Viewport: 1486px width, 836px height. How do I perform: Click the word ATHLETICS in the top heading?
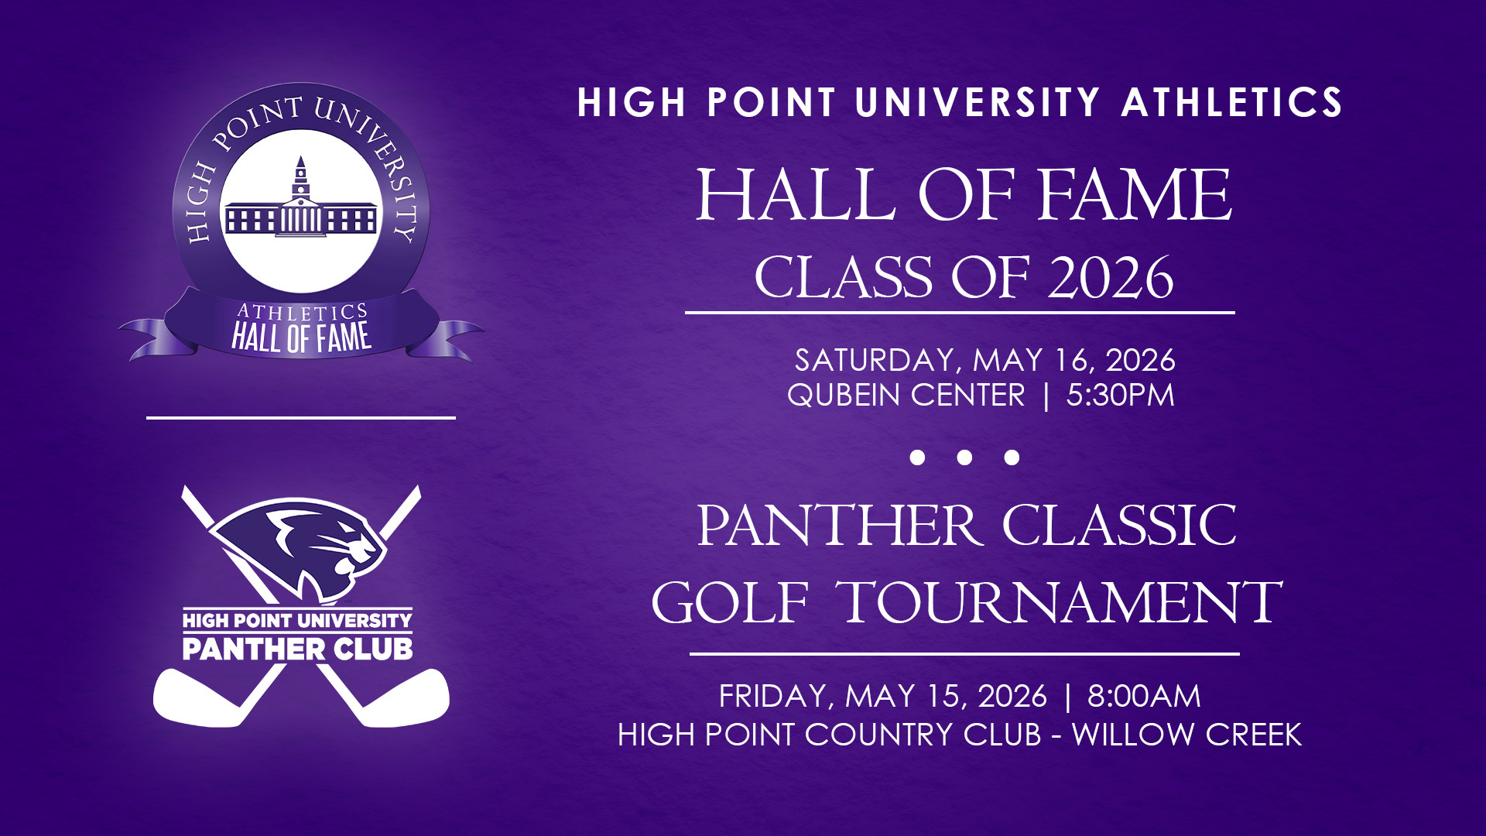[x=1231, y=102]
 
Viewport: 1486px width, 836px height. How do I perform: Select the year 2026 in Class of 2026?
[x=1111, y=277]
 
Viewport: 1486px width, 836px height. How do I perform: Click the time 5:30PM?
[x=1121, y=395]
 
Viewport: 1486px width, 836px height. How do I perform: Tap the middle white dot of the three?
[x=964, y=457]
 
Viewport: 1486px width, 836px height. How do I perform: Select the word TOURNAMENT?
[x=1060, y=601]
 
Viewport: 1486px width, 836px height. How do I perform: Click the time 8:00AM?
[x=1144, y=696]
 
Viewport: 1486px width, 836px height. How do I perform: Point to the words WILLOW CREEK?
[x=1186, y=734]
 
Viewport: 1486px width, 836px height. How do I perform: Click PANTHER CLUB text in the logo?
[x=297, y=649]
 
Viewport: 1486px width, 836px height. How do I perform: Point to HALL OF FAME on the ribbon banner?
[x=301, y=337]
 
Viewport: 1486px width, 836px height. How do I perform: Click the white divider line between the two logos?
[x=301, y=417]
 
